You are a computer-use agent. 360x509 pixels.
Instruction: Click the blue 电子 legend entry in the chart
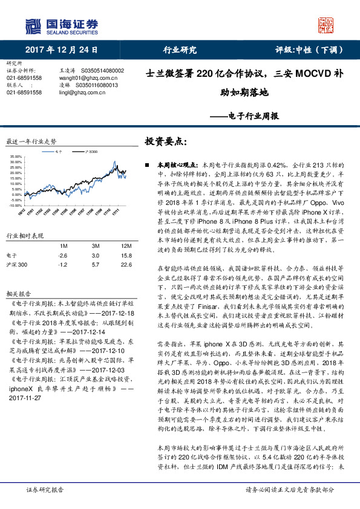click(x=54, y=151)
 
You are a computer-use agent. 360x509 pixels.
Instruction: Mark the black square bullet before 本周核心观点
click(x=147, y=164)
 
